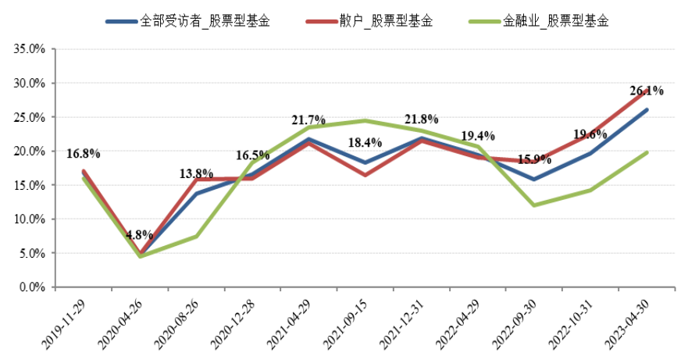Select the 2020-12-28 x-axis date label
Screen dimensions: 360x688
(237, 321)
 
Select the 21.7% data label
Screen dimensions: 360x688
(308, 120)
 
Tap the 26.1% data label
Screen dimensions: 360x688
(647, 91)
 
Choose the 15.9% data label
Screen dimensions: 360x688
(534, 159)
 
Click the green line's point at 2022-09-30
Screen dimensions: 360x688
(534, 205)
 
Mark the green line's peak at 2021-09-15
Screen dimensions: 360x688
(365, 120)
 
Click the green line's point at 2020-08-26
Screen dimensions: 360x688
(197, 236)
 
